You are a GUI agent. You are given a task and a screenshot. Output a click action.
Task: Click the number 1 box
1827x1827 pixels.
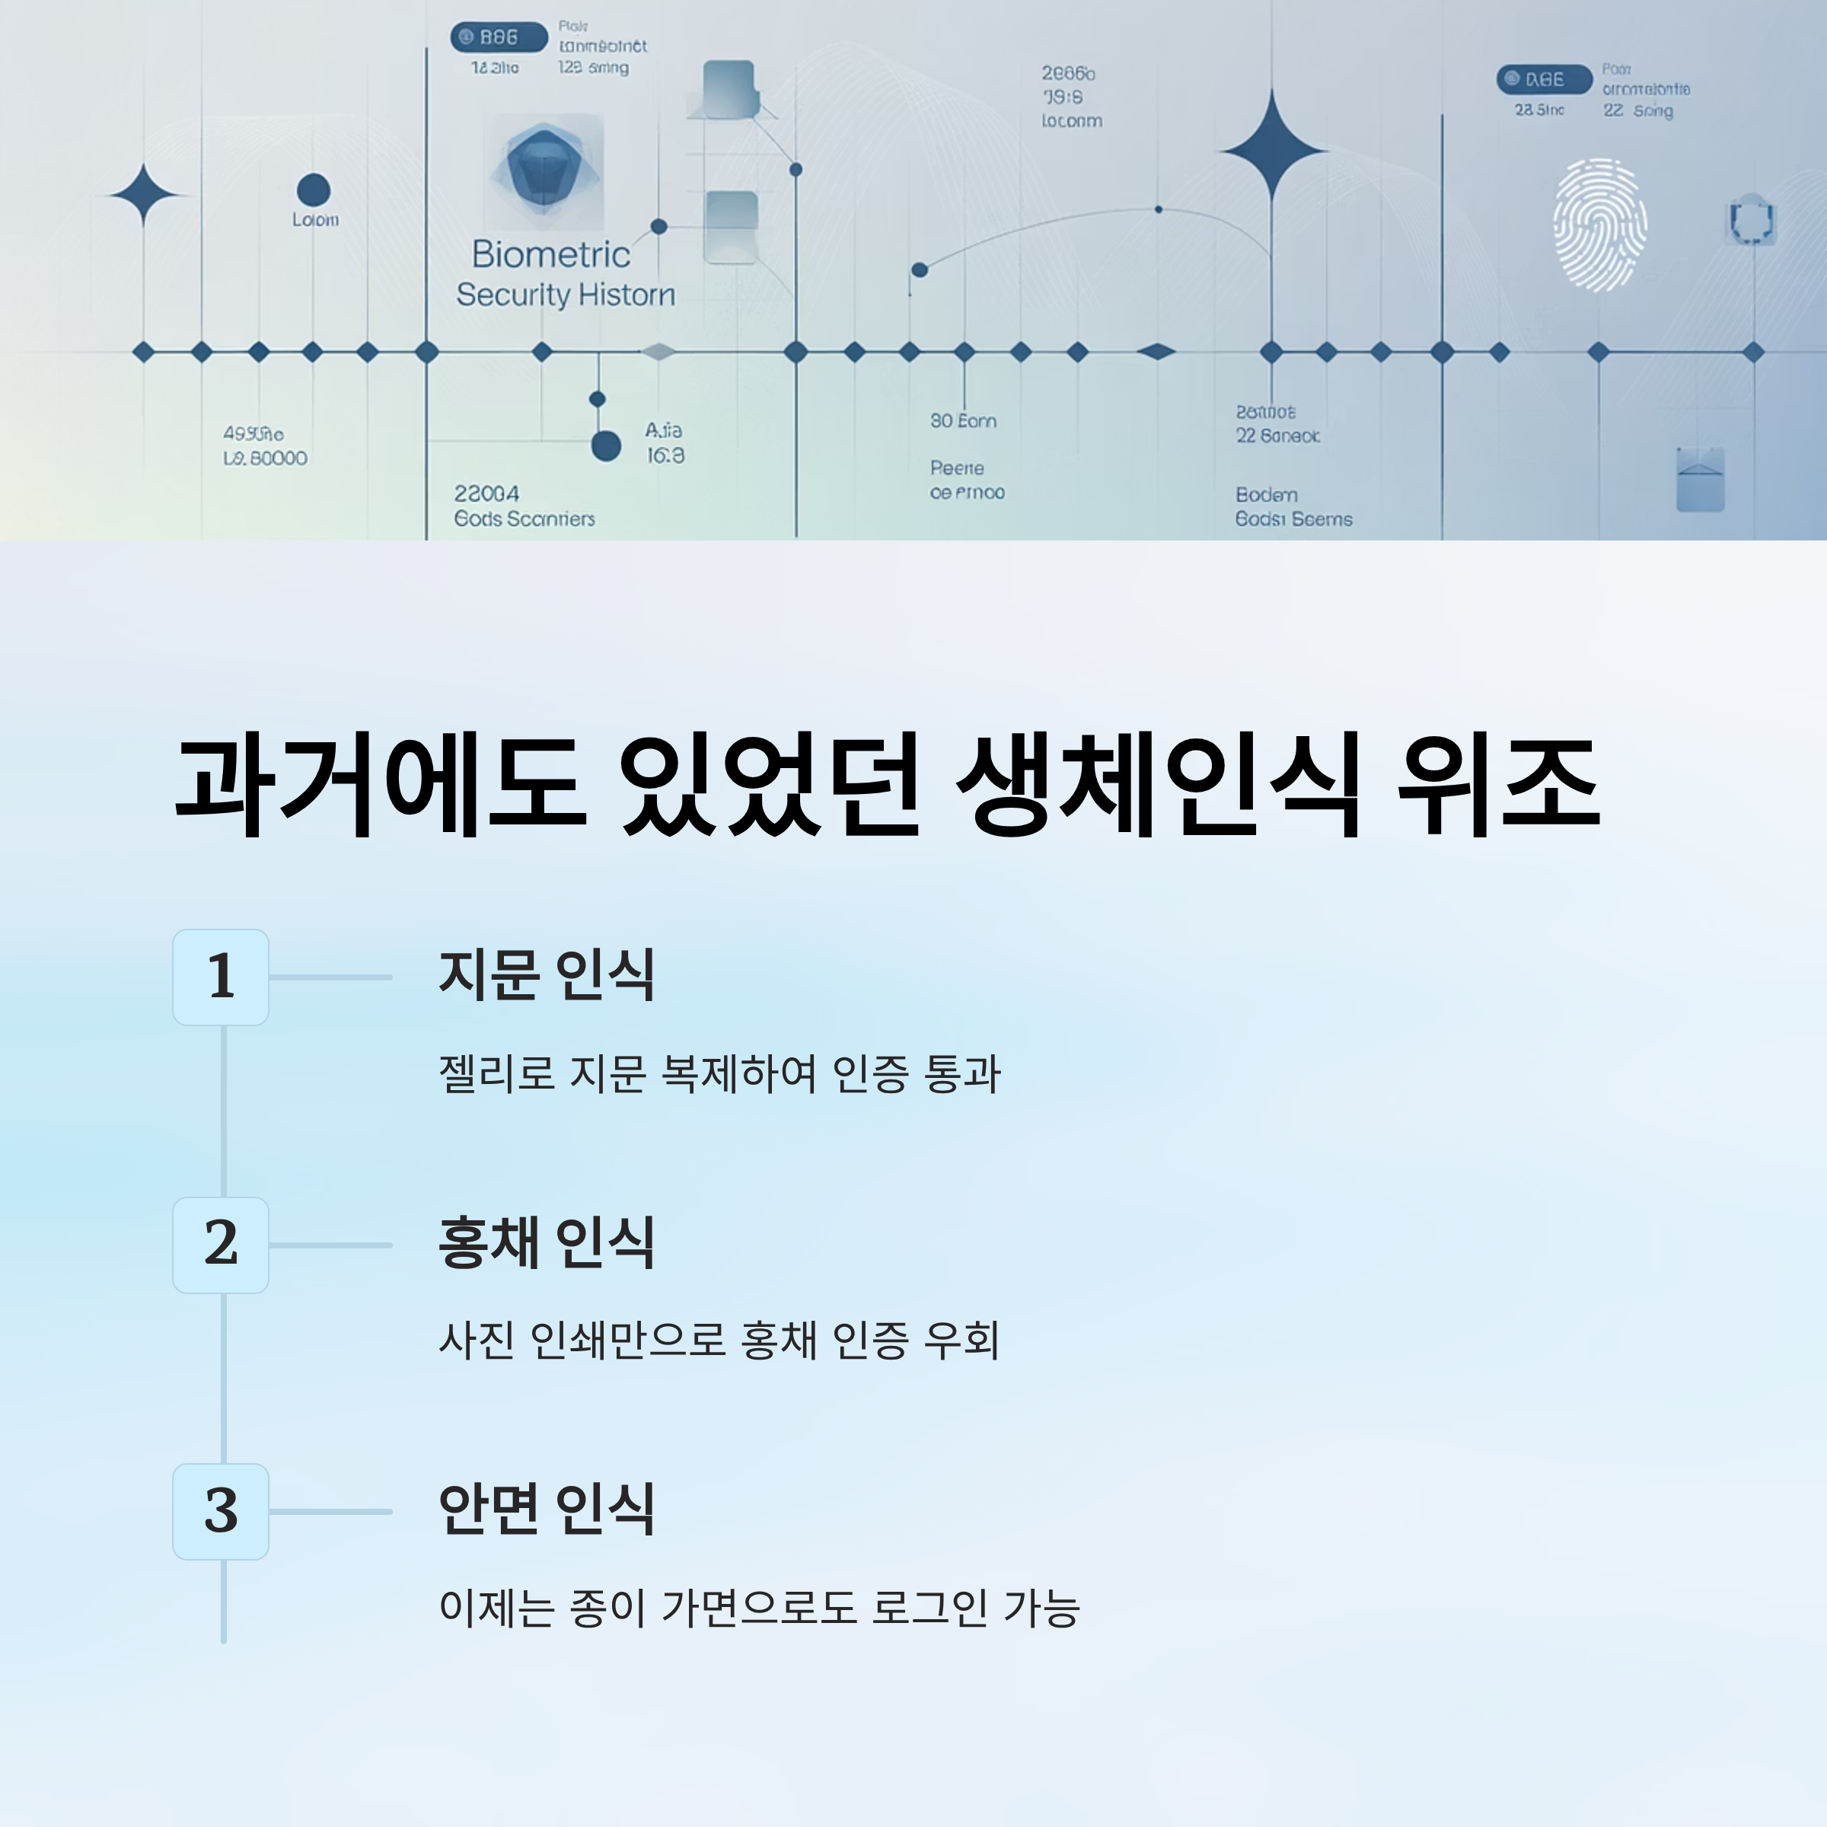(220, 977)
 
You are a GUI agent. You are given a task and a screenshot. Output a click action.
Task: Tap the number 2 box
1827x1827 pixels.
(220, 1245)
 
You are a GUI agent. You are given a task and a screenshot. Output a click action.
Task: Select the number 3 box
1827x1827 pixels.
(220, 1511)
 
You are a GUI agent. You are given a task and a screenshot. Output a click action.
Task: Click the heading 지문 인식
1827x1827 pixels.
(547, 975)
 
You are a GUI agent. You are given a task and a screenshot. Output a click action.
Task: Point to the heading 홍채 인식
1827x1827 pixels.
(547, 1242)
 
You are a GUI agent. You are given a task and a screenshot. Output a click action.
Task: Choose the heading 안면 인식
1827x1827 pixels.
(547, 1510)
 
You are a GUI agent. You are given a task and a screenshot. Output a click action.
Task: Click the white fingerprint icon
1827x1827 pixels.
(1599, 225)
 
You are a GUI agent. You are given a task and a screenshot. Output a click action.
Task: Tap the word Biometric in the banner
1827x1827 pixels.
(550, 254)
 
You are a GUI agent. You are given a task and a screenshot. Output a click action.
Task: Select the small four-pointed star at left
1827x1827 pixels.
(143, 195)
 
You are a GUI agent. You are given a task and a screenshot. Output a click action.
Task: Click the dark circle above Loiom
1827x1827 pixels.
(313, 189)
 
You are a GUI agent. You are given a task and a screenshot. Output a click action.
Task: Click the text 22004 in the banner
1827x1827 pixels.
(486, 493)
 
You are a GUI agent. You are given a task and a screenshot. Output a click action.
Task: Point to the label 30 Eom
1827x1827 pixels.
(963, 421)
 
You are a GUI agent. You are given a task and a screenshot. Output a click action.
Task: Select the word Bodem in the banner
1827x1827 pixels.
(1266, 495)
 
